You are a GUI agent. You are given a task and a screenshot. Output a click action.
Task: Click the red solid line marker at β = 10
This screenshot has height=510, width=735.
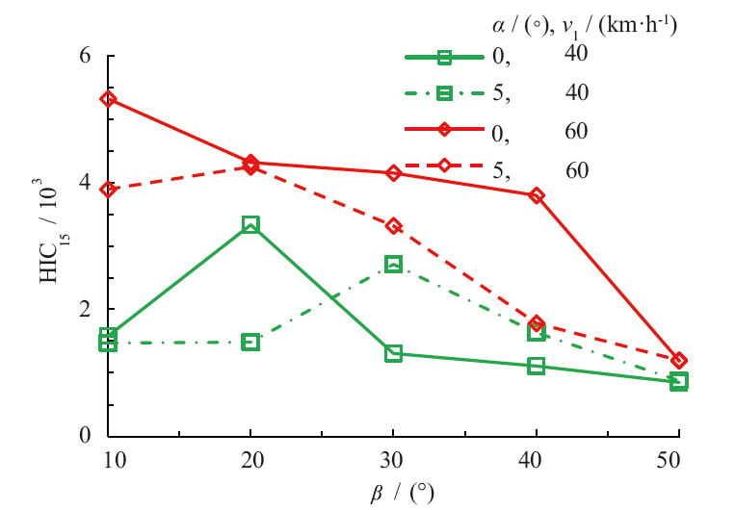[108, 99]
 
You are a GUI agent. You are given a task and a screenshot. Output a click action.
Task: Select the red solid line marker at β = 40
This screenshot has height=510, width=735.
[537, 195]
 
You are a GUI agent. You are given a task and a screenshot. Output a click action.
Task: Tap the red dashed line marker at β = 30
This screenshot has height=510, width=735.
[393, 226]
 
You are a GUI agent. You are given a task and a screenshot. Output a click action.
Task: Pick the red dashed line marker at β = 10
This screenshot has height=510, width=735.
[108, 190]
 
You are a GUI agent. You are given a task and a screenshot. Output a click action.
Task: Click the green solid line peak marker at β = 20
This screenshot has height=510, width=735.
[250, 224]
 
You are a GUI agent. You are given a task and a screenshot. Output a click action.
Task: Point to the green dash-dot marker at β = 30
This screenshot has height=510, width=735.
[393, 264]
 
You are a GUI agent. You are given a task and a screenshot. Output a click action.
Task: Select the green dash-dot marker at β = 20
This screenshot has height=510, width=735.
[250, 342]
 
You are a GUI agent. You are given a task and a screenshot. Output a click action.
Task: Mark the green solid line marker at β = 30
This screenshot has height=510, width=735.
[393, 353]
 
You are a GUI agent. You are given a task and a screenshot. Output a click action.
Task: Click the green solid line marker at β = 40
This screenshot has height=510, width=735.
[537, 366]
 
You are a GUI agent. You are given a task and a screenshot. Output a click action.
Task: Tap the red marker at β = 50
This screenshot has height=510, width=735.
[679, 360]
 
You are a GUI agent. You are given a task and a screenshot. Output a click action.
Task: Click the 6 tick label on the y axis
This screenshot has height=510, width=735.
[85, 56]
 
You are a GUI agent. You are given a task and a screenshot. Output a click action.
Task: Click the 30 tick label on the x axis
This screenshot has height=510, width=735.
[393, 459]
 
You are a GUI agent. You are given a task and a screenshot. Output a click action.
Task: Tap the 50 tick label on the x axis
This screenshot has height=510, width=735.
[678, 459]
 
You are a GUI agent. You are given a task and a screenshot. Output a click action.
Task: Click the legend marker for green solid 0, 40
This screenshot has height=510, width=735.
[444, 57]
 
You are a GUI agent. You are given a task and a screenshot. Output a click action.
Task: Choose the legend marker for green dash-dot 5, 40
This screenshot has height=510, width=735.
[444, 93]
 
